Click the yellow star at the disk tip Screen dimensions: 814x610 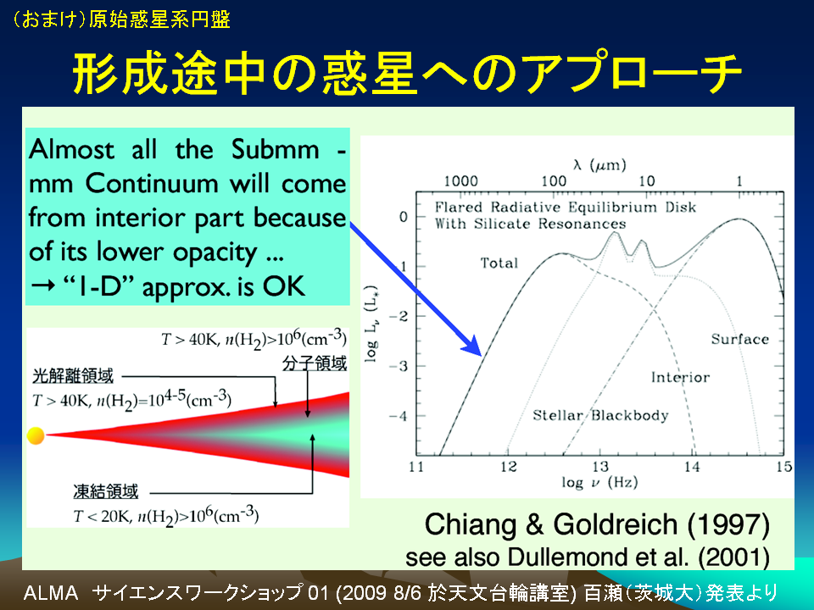(x=36, y=435)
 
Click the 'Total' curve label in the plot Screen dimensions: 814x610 (x=499, y=263)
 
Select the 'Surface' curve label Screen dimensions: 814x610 (x=739, y=339)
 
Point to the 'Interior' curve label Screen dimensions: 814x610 (x=680, y=377)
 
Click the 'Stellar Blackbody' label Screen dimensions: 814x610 (x=600, y=415)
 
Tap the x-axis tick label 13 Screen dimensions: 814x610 (x=600, y=467)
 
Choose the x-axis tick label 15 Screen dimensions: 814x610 (x=783, y=467)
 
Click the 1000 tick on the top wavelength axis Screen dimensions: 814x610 (x=460, y=181)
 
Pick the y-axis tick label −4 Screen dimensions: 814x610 (x=399, y=416)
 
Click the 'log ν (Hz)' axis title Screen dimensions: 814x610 (x=599, y=483)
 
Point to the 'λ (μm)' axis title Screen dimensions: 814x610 (x=599, y=165)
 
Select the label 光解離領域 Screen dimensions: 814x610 (x=73, y=376)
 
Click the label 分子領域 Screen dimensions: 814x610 (x=315, y=363)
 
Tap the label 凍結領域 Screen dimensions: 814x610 (x=106, y=491)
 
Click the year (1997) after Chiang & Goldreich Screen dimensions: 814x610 (x=728, y=525)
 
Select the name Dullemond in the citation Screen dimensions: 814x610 (x=554, y=557)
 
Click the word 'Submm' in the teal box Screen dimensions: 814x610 (x=275, y=149)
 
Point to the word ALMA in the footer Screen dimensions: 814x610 (x=51, y=593)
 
